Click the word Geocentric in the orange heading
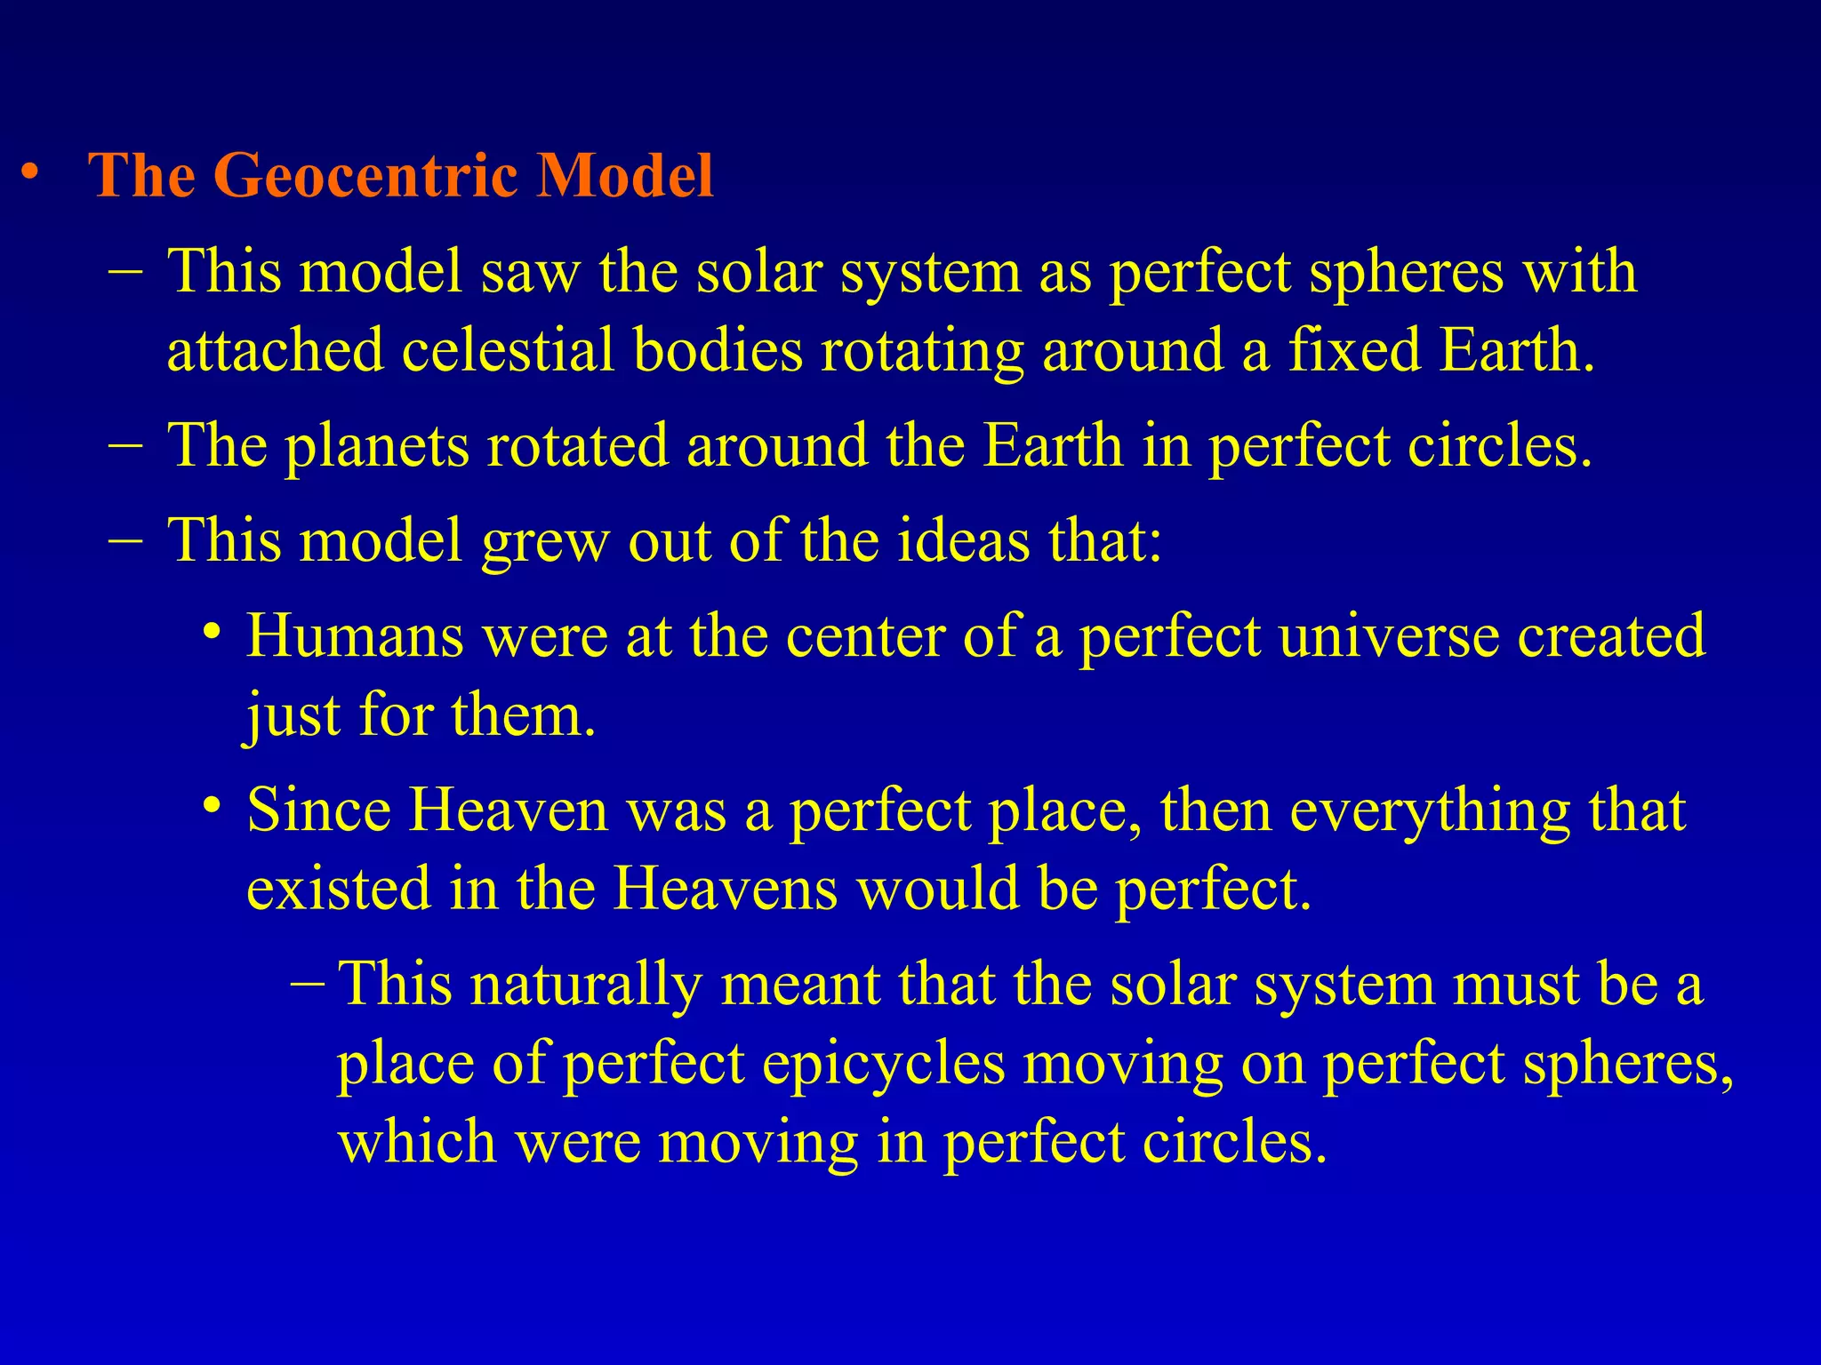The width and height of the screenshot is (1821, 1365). point(367,175)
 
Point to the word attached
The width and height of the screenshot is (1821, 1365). point(276,350)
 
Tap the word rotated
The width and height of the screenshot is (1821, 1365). point(577,445)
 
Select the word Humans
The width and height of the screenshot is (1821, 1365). point(355,636)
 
